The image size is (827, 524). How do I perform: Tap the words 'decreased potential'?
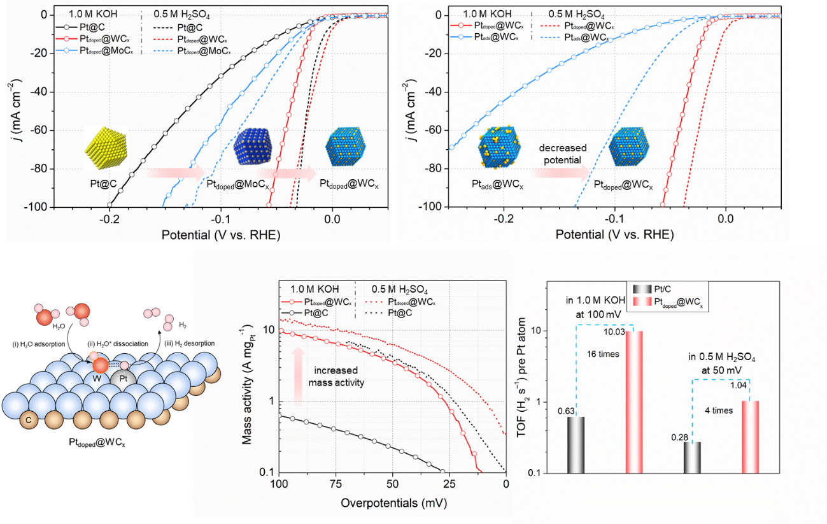click(x=562, y=154)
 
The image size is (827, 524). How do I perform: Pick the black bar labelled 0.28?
click(x=692, y=457)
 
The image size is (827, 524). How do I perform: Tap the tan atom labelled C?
click(x=28, y=421)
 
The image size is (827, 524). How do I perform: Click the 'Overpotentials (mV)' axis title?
click(x=393, y=502)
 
